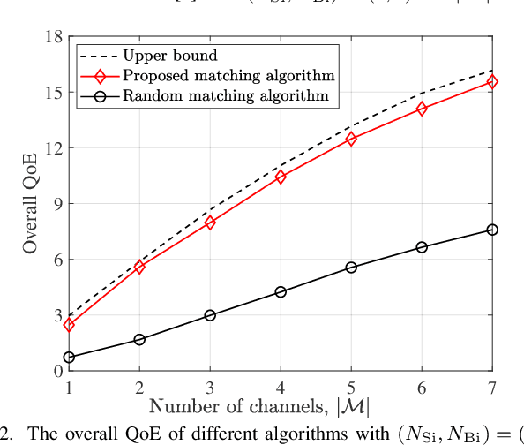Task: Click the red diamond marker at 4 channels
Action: tap(281, 177)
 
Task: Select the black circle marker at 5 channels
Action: tap(351, 267)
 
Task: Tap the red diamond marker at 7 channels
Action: tap(492, 81)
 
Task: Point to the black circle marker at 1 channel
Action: tap(69, 357)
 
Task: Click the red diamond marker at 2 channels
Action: tap(139, 267)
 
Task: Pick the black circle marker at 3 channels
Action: tap(210, 315)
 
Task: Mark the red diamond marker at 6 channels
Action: tap(422, 109)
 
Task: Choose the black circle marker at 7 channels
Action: tap(492, 230)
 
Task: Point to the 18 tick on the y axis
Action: tap(53, 37)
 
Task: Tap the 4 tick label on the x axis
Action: tap(281, 387)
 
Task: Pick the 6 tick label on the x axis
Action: tap(422, 387)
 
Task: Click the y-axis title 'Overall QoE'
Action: tap(31, 204)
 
